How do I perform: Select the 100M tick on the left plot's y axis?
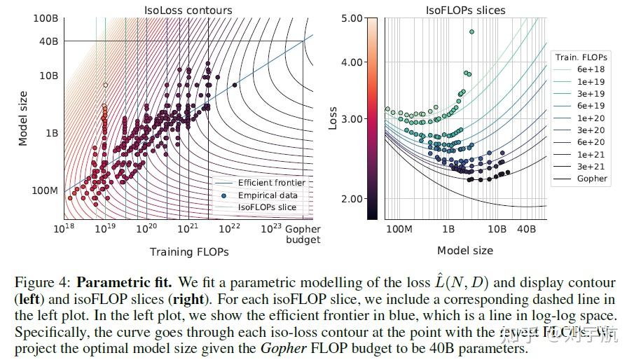coord(45,191)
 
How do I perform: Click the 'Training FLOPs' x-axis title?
coord(188,251)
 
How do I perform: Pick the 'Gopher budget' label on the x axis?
coord(303,234)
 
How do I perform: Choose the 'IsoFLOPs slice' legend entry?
coord(267,207)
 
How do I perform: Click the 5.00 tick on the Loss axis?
coord(352,18)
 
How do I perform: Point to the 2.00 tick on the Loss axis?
coord(352,199)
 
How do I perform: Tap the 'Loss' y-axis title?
coord(334,118)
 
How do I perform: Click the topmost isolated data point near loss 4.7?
coord(472,32)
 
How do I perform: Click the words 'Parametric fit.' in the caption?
coord(124,284)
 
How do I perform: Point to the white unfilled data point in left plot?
coord(105,85)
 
